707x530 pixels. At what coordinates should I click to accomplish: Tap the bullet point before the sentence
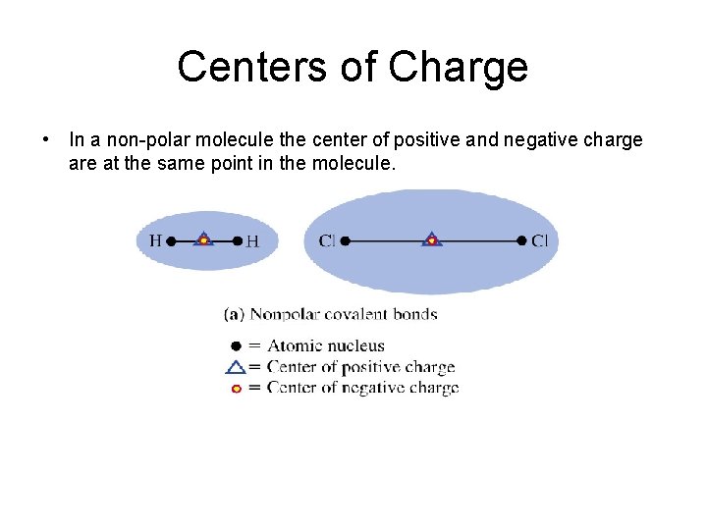47,139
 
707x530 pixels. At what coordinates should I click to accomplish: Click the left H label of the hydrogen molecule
155,239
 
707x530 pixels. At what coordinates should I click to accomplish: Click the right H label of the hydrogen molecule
252,240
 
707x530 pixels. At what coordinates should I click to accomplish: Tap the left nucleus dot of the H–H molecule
171,239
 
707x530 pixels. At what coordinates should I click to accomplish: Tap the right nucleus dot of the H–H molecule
238,239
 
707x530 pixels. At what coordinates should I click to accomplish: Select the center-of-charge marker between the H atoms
203,238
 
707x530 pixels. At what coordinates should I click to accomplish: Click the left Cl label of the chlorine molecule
326,240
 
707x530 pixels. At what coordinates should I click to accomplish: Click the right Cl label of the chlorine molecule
540,240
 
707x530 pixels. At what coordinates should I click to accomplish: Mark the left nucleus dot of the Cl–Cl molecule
344,239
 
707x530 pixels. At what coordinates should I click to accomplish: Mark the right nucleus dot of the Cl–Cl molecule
521,239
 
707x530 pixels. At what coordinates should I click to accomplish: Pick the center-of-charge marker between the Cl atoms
431,238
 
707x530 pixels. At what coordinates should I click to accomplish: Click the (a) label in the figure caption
234,314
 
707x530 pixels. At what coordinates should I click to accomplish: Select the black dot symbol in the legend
235,345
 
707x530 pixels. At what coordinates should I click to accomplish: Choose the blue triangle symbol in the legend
235,367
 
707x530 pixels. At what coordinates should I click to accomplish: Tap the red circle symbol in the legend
235,389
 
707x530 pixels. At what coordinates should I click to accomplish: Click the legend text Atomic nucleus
326,345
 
